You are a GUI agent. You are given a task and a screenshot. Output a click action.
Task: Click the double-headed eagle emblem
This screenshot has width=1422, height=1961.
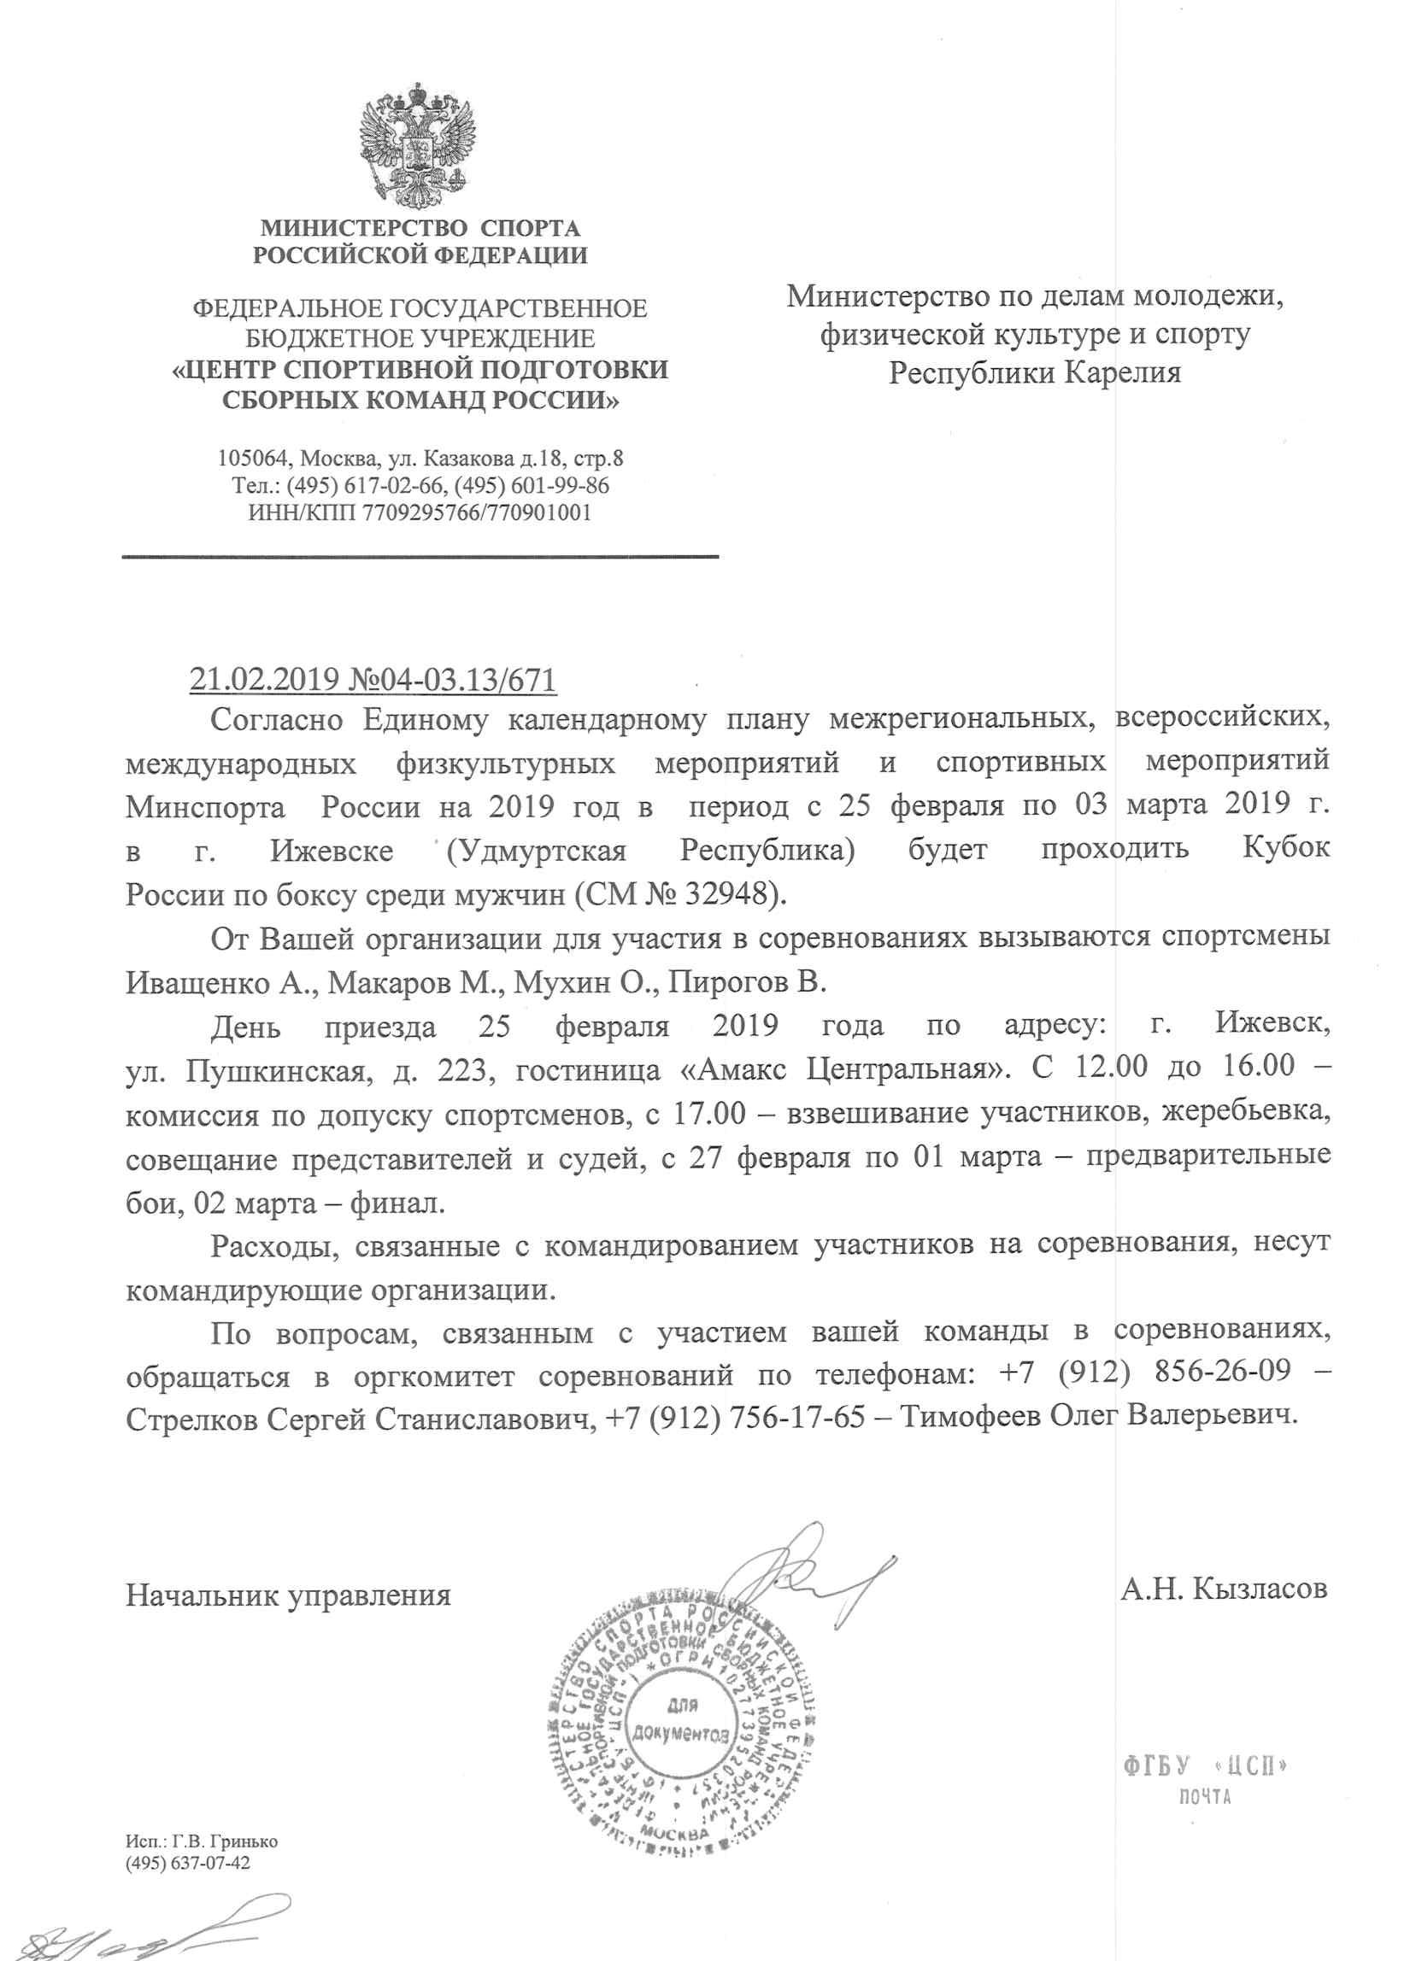pyautogui.click(x=418, y=144)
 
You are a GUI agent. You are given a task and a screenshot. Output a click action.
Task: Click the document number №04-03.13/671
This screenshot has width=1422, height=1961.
pyautogui.click(x=451, y=679)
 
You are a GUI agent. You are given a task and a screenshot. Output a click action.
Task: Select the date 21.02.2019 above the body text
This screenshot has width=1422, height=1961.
pyautogui.click(x=264, y=679)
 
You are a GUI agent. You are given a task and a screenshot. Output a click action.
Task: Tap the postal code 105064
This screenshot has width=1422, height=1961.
pyautogui.click(x=255, y=458)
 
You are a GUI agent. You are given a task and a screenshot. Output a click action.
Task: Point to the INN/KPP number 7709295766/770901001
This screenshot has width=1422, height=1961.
pyautogui.click(x=477, y=512)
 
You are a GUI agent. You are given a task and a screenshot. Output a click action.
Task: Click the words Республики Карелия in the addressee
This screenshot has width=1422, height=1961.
pyautogui.click(x=1035, y=372)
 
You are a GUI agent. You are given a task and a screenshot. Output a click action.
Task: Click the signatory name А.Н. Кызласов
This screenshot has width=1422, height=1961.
pyautogui.click(x=1223, y=1589)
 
